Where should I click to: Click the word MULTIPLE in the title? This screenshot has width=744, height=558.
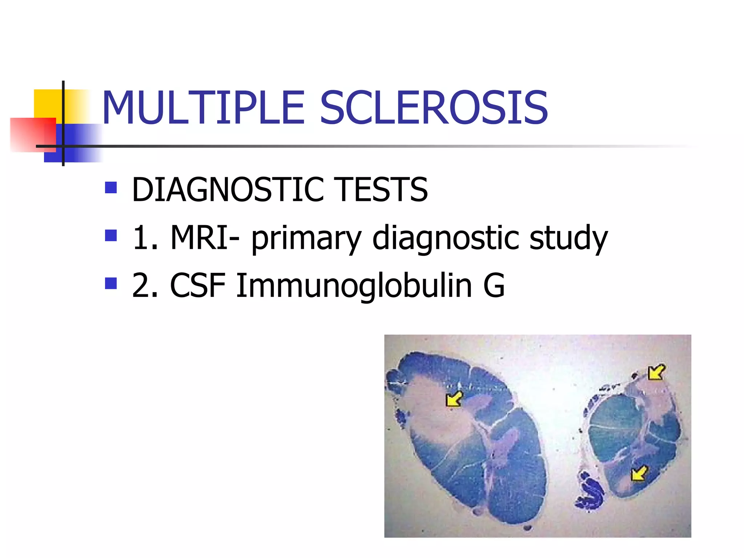tap(203, 108)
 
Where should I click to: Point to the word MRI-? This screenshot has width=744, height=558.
tap(205, 238)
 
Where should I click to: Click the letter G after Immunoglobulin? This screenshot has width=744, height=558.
tap(494, 286)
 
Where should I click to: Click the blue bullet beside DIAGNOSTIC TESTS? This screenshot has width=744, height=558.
tap(111, 187)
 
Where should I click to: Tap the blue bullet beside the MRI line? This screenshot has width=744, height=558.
tap(111, 235)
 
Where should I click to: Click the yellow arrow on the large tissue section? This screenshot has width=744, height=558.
tap(454, 399)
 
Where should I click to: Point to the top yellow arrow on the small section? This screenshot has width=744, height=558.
tap(656, 372)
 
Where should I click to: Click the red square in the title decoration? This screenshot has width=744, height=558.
tap(33, 134)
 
